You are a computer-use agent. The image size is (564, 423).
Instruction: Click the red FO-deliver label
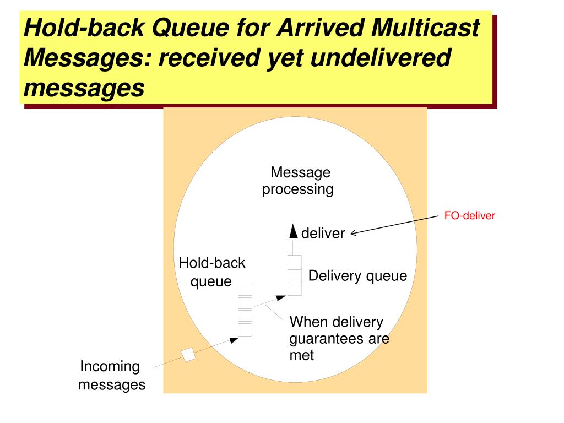click(x=470, y=216)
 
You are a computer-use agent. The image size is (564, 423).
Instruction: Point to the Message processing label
click(x=298, y=181)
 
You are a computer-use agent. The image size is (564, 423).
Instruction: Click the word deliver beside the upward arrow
click(x=323, y=234)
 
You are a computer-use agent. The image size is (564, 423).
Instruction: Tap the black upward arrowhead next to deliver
click(x=294, y=232)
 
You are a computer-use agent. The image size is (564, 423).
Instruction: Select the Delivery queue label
click(x=357, y=276)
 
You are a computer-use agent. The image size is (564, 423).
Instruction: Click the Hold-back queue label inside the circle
click(x=212, y=272)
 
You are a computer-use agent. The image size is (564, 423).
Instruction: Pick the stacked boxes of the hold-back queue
click(x=245, y=309)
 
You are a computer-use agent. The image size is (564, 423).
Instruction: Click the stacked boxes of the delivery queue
click(x=295, y=275)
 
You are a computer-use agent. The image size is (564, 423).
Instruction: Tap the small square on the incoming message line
click(x=189, y=355)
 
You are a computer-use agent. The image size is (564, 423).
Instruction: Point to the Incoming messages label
click(x=111, y=375)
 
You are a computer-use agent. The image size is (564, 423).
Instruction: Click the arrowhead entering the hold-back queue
click(x=234, y=340)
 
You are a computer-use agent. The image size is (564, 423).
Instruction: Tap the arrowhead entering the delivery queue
click(x=281, y=298)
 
